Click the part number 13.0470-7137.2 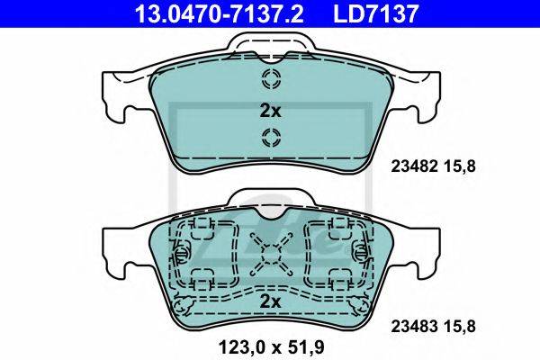pos(220,13)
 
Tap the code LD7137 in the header pos(375,13)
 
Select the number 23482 pos(414,166)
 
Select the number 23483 pos(414,326)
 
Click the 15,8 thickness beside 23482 pos(460,166)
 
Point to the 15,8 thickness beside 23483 pos(460,326)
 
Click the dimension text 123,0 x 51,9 pos(271,347)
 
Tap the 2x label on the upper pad pos(270,111)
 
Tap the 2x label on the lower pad pos(270,302)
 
